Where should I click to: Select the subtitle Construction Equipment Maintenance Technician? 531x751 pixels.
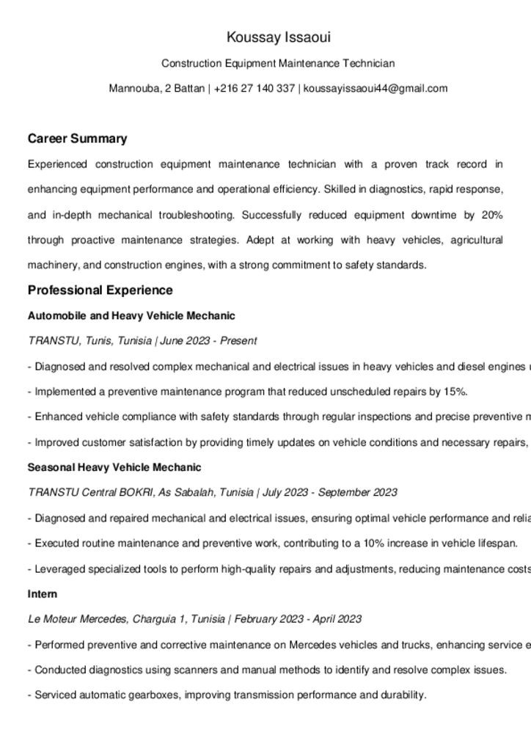click(278, 64)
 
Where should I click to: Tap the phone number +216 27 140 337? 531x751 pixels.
click(254, 89)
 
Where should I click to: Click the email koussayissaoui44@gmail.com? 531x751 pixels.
click(376, 89)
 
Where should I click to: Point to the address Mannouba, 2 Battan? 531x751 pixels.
click(157, 89)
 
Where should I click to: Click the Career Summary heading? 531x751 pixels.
click(77, 139)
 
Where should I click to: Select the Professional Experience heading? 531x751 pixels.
click(100, 290)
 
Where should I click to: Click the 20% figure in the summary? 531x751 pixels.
click(492, 215)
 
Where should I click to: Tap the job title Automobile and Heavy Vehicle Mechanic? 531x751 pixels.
click(131, 316)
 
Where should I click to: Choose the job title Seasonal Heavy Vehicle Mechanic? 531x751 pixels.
click(114, 467)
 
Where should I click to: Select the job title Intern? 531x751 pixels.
click(43, 594)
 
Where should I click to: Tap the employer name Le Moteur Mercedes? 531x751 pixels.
click(77, 619)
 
